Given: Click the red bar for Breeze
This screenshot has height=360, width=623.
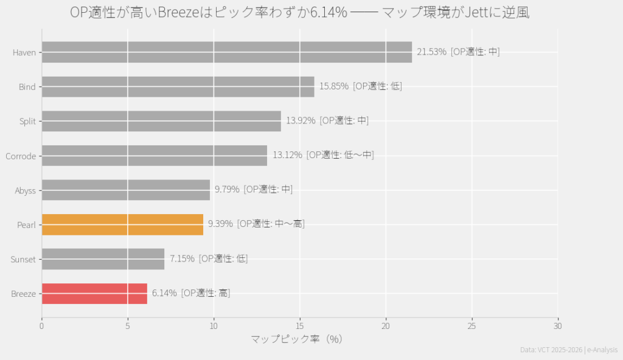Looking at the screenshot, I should (94, 294).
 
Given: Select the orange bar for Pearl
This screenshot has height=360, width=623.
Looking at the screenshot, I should (122, 224).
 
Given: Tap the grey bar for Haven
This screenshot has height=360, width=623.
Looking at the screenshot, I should (226, 52).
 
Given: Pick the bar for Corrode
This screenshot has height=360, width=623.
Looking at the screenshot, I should (154, 156).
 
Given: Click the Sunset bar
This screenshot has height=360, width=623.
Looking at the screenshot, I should (103, 259).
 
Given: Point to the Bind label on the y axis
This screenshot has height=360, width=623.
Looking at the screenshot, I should (27, 87).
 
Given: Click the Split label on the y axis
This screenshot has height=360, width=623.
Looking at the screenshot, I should (27, 122).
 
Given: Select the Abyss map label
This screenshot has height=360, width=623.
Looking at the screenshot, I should (25, 190).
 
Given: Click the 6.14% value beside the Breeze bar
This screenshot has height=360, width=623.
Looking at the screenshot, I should (164, 293).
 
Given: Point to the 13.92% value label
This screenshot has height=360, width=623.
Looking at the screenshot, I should (301, 120).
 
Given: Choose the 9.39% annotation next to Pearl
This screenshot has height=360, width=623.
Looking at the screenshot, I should (220, 224).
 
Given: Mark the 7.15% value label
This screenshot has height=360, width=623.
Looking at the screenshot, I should (182, 258).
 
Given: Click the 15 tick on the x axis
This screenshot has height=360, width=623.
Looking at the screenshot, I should (299, 327).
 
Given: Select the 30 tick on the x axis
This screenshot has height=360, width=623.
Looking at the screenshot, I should (558, 327).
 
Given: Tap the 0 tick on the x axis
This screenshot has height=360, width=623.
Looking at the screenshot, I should (41, 327).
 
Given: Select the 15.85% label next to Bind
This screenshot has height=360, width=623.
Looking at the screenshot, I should (334, 86).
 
